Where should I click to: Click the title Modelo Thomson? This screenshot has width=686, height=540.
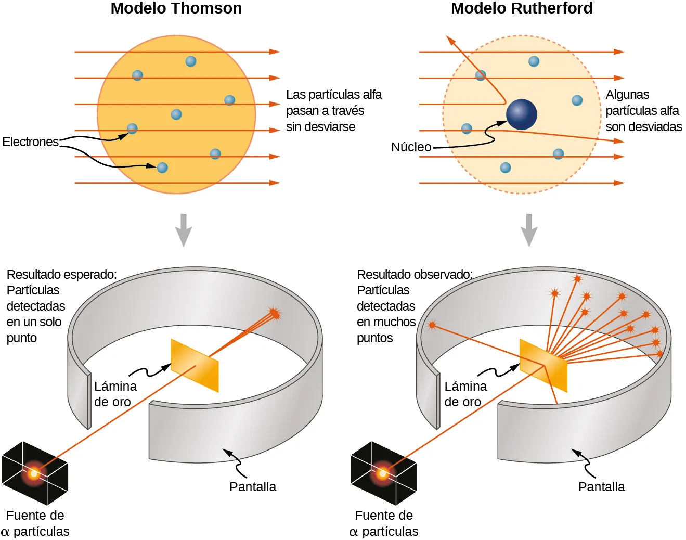pyautogui.click(x=176, y=8)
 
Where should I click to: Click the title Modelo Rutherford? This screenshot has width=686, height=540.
pyautogui.click(x=521, y=8)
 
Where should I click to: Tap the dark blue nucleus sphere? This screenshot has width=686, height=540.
pyautogui.click(x=521, y=114)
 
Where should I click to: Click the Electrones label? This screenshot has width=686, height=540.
pyautogui.click(x=30, y=142)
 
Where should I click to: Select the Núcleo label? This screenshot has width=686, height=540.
pyautogui.click(x=411, y=147)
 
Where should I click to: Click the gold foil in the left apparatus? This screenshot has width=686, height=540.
pyautogui.click(x=195, y=366)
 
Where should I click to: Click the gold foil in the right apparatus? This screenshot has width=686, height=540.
pyautogui.click(x=543, y=366)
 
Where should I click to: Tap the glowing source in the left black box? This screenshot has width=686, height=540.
pyautogui.click(x=34, y=473)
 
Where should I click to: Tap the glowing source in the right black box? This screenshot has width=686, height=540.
pyautogui.click(x=383, y=473)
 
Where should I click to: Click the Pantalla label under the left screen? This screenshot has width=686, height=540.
pyautogui.click(x=253, y=487)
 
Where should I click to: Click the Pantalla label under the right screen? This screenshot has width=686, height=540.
pyautogui.click(x=601, y=487)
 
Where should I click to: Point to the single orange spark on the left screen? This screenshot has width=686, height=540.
pyautogui.click(x=274, y=313)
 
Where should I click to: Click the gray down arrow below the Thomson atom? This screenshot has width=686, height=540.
pyautogui.click(x=184, y=229)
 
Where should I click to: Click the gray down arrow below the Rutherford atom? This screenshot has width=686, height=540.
pyautogui.click(x=529, y=229)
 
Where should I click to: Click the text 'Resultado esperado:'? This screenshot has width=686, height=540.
pyautogui.click(x=61, y=274)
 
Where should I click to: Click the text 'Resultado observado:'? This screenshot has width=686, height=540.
pyautogui.click(x=415, y=274)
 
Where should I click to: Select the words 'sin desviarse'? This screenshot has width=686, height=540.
pyautogui.click(x=320, y=127)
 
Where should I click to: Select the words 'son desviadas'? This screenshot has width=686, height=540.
pyautogui.click(x=643, y=127)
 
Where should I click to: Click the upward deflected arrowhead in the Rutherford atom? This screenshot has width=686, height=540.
pyautogui.click(x=450, y=40)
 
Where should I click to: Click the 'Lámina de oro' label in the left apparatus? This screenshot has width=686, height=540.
pyautogui.click(x=115, y=394)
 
